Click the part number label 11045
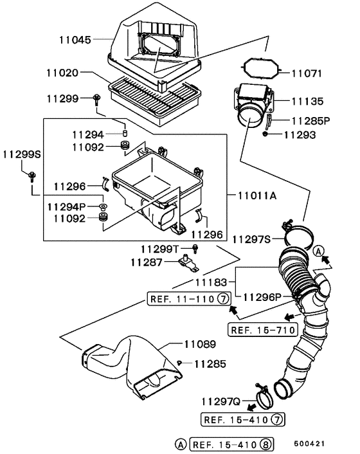76,39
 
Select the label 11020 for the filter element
63,75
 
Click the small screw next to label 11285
182,364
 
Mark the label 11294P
66,206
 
